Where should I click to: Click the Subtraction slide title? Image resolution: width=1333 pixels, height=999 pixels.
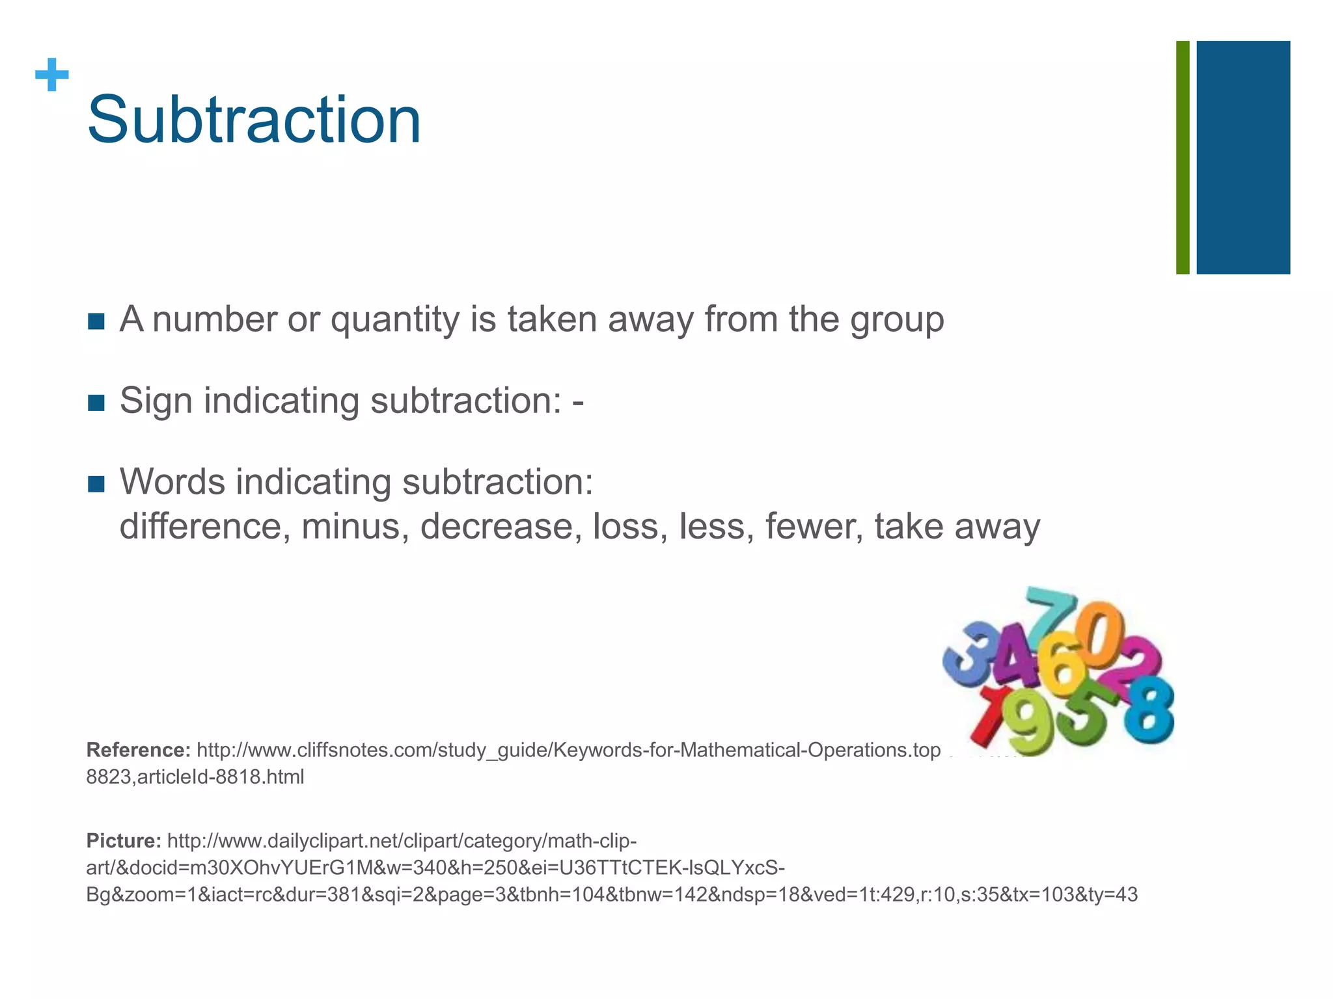point(254,121)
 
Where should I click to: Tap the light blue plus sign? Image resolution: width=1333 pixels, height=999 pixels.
point(52,75)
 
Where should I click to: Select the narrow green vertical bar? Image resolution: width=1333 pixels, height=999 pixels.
point(1183,157)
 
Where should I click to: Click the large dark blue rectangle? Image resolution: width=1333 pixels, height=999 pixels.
point(1243,157)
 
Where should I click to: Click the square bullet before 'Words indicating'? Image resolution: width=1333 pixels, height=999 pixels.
point(96,484)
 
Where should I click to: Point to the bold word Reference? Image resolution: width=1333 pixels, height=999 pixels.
point(138,750)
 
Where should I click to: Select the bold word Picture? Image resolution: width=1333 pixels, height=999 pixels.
point(124,841)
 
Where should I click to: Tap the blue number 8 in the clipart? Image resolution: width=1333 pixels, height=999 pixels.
point(1149,708)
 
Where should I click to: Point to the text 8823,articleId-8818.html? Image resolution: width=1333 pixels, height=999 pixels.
point(195,777)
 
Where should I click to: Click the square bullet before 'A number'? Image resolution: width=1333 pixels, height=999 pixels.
point(96,321)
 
